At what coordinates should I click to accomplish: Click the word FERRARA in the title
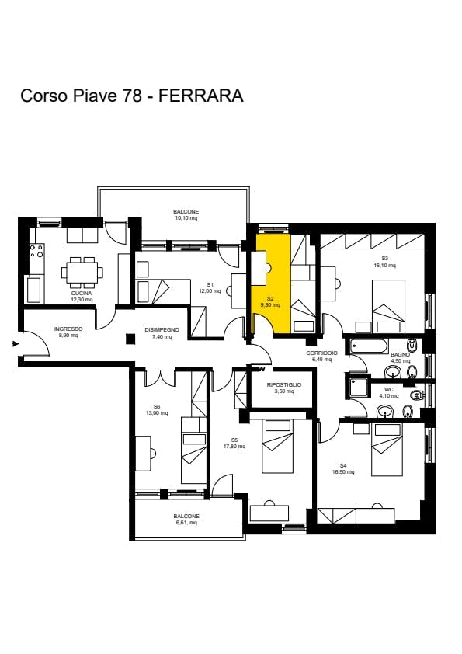201,96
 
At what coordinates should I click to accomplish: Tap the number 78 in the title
131,96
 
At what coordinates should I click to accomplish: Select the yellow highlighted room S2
271,284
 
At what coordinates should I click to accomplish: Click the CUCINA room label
82,294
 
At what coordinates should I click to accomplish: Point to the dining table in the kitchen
82,273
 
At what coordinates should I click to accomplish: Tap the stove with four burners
36,251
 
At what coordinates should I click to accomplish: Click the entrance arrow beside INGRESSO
16,344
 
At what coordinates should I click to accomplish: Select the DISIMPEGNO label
162,330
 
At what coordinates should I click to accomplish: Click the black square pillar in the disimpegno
131,339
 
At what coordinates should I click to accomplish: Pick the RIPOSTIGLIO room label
284,385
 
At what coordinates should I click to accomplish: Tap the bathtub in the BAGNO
369,346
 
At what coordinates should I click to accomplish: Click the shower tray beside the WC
358,386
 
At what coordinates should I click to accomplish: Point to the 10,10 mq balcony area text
186,217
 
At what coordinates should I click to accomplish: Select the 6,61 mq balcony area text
186,522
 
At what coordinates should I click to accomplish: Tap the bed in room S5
277,447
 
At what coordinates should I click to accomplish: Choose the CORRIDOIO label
322,353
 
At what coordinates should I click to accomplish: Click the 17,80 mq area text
234,447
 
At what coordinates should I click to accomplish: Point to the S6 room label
156,407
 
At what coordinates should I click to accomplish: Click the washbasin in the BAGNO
393,371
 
